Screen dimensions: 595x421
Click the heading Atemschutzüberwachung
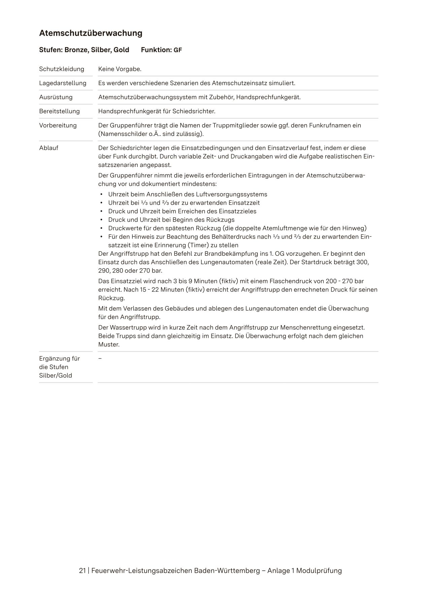(91, 33)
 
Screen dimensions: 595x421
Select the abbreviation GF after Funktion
(177, 50)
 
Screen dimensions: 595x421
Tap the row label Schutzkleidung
(62, 69)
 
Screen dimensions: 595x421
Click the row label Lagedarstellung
(63, 83)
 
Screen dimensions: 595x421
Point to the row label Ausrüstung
(56, 97)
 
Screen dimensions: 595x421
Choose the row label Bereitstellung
(59, 111)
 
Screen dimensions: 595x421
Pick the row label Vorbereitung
(58, 126)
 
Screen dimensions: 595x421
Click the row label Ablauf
(48, 148)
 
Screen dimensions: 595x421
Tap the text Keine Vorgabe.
(120, 69)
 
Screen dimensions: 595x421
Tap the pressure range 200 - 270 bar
(345, 281)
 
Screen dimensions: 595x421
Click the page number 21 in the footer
(82, 571)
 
